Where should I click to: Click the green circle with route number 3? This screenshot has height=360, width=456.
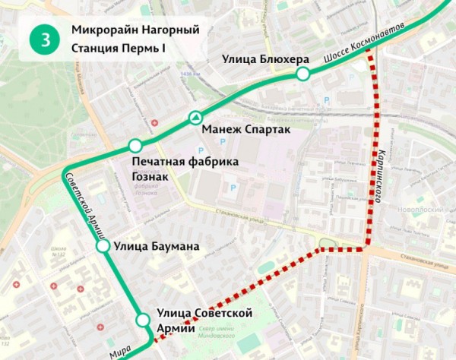(45, 39)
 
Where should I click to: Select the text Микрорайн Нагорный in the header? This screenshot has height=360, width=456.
(128, 30)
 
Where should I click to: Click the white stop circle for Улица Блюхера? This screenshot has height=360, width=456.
(302, 74)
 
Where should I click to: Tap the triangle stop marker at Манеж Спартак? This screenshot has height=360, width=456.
(195, 118)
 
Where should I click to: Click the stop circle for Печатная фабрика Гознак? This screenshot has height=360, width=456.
(135, 146)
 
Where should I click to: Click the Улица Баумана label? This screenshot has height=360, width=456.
(156, 246)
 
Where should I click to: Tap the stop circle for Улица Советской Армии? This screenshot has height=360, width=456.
(142, 320)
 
